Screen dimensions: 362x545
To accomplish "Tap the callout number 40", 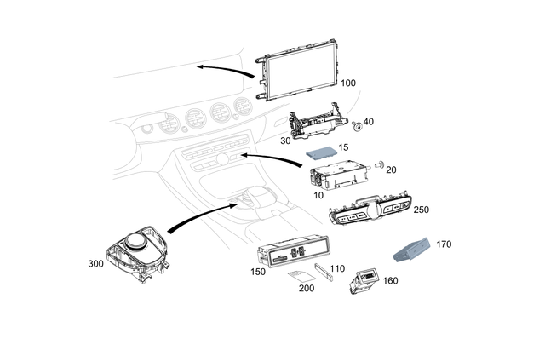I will point(369,122).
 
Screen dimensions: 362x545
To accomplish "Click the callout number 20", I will point(393,170).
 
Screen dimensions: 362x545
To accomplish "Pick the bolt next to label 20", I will point(378,163).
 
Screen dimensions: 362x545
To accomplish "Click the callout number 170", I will point(444,244).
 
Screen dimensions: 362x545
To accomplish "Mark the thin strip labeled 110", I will point(324,273).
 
